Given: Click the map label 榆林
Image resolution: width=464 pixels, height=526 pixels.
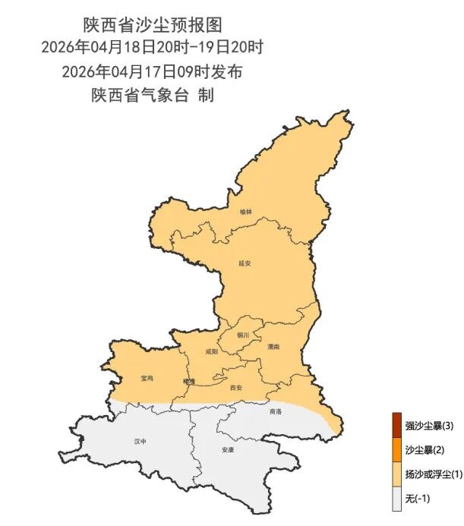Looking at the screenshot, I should (245, 212).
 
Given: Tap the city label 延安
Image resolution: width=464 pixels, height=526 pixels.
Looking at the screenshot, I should (245, 263).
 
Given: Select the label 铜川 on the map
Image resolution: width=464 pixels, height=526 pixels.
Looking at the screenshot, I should (242, 334).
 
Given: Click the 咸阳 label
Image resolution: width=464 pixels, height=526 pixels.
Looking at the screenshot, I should (211, 351).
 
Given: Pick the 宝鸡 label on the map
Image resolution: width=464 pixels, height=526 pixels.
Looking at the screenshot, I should (147, 377).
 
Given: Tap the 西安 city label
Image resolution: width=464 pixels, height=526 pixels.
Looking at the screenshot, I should (235, 387).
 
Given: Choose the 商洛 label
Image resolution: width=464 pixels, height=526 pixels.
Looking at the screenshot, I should (275, 411).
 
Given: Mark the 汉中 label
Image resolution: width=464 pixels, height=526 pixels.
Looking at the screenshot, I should (139, 441).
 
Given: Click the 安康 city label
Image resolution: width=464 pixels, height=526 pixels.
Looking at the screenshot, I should (227, 449).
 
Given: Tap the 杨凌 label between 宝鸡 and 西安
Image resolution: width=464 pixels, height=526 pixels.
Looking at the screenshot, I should (189, 381).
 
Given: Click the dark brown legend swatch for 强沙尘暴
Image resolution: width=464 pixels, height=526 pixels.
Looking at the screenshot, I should (396, 425).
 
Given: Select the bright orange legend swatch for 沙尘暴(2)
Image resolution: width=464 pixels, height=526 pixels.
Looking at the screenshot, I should (396, 449).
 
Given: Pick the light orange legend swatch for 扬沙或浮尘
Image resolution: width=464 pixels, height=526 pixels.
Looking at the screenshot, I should (396, 474).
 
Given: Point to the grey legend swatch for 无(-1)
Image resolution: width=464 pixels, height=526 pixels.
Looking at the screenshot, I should (396, 497).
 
